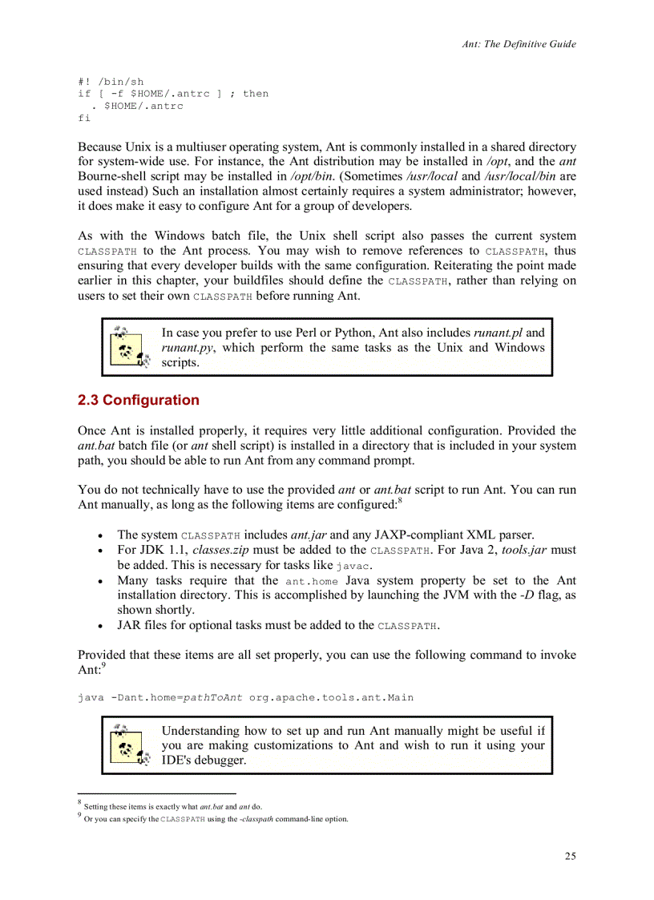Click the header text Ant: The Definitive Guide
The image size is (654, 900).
click(x=519, y=44)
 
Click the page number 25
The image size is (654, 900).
click(x=569, y=856)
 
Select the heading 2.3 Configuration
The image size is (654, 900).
click(x=138, y=400)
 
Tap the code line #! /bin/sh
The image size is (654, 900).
click(x=111, y=82)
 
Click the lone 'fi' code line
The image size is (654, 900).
click(x=84, y=118)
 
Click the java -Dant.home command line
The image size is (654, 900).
click(x=245, y=697)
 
